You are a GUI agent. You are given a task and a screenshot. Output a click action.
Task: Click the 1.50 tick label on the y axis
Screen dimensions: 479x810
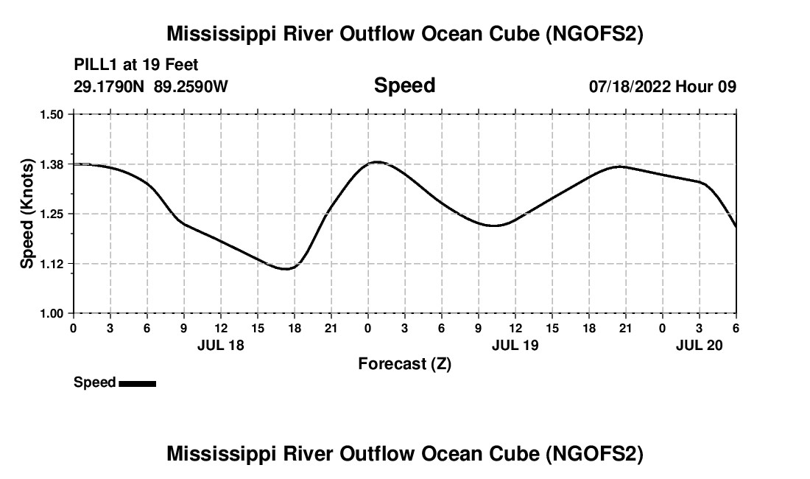click(x=53, y=114)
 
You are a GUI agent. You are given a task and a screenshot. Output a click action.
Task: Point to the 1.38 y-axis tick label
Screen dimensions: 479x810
click(x=53, y=164)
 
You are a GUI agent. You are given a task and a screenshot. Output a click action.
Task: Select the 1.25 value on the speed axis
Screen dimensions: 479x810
click(x=53, y=214)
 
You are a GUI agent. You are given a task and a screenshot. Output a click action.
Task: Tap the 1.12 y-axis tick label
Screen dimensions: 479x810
click(x=53, y=264)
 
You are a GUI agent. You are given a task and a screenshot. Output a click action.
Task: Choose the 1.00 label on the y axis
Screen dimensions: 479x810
click(x=53, y=314)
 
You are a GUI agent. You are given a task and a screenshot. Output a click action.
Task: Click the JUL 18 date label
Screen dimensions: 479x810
click(x=220, y=345)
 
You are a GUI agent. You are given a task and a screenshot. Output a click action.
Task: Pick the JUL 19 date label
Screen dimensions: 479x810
click(x=515, y=345)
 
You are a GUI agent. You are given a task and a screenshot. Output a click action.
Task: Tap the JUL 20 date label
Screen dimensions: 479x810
click(x=699, y=345)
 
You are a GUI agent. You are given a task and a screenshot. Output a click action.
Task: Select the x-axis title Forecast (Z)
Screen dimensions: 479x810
click(x=404, y=363)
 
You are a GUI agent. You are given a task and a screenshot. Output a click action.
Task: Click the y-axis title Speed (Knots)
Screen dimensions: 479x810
click(x=27, y=214)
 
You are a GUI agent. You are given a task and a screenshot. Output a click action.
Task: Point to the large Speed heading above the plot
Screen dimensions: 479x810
click(x=404, y=85)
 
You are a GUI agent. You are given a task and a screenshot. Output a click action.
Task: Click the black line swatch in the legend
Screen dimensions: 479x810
click(x=137, y=383)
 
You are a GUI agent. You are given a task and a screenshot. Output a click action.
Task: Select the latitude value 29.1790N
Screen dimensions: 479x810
click(x=110, y=86)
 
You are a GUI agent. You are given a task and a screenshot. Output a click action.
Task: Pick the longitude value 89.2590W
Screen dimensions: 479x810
click(x=191, y=86)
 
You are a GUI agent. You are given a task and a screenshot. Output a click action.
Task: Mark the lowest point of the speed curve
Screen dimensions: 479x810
click(x=286, y=269)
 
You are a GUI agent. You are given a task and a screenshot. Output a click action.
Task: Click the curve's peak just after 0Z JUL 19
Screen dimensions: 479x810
click(x=377, y=161)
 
